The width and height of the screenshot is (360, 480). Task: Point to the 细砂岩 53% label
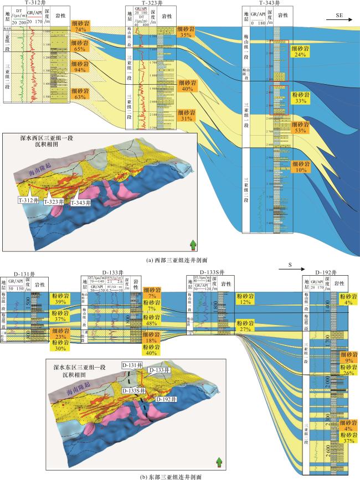pos(301,127)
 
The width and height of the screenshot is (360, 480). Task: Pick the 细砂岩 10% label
pos(301,167)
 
